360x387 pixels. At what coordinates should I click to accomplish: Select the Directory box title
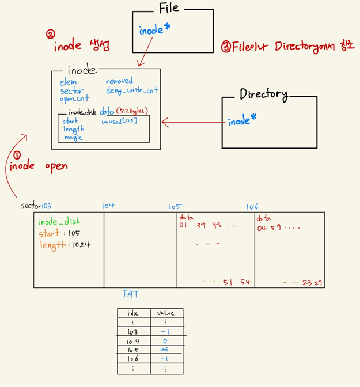pyautogui.click(x=263, y=94)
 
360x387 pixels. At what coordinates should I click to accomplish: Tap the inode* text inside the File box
pyautogui.click(x=154, y=31)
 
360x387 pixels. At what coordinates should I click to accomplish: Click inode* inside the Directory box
pyautogui.click(x=242, y=122)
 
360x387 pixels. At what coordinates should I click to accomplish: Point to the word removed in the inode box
pyautogui.click(x=119, y=81)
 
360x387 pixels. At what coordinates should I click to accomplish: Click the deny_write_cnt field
pyautogui.click(x=132, y=90)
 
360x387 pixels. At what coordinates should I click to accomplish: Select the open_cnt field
pyautogui.click(x=74, y=98)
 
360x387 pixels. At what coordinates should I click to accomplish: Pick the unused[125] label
pyautogui.click(x=119, y=121)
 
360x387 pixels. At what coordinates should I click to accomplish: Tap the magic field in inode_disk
pyautogui.click(x=73, y=138)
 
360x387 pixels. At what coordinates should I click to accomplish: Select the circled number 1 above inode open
pyautogui.click(x=17, y=155)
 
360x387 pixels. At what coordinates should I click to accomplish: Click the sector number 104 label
pyautogui.click(x=108, y=206)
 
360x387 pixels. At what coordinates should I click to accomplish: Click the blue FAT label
pyautogui.click(x=131, y=294)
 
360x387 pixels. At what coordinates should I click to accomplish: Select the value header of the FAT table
pyautogui.click(x=165, y=313)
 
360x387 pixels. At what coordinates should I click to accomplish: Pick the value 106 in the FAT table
pyautogui.click(x=165, y=350)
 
